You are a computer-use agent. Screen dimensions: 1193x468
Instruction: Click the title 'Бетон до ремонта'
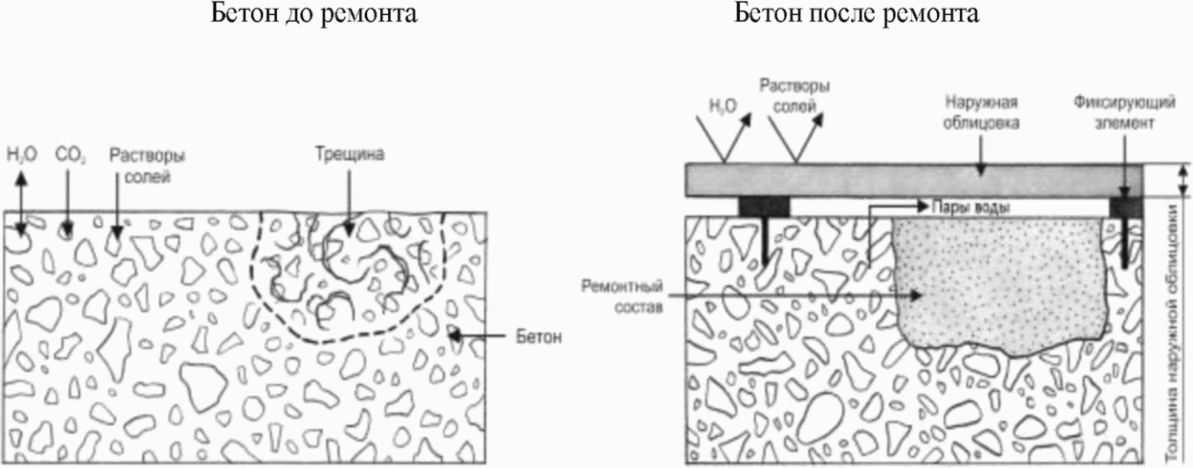313,14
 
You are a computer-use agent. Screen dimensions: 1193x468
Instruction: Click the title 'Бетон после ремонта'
856,14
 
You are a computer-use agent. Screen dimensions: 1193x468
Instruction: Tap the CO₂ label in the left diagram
66,154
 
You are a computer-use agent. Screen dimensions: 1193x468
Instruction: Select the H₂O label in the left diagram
21,154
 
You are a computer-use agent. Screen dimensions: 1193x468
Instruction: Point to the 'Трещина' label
349,154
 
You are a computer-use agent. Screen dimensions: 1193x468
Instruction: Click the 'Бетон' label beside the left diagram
538,337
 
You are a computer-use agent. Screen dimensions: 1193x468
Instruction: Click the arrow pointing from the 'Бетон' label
480,336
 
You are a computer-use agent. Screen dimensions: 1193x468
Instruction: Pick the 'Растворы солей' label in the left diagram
147,166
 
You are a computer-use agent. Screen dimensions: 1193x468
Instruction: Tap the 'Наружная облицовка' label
982,112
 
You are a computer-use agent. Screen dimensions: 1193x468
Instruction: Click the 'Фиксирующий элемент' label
1124,112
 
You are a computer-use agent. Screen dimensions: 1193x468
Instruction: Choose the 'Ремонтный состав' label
621,296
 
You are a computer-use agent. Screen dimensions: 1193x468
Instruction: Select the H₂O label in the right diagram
723,107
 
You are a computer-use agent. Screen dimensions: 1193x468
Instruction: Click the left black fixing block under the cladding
764,207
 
